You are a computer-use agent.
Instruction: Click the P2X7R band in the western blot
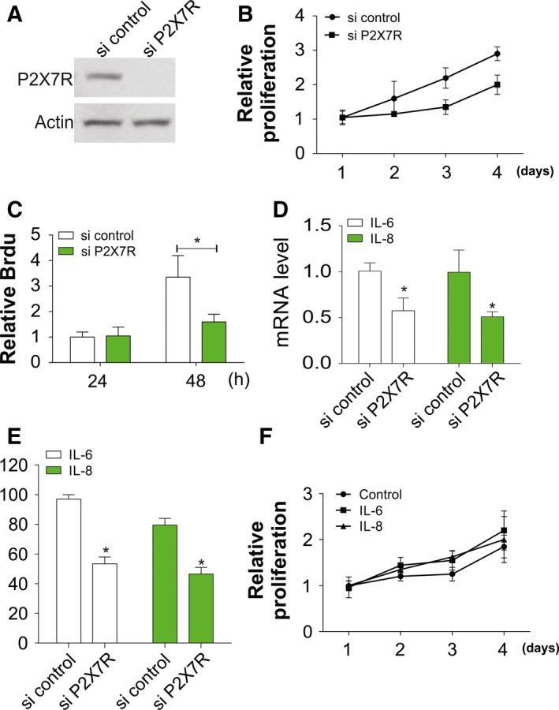pyautogui.click(x=104, y=77)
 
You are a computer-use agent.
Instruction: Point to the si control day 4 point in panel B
pyautogui.click(x=497, y=54)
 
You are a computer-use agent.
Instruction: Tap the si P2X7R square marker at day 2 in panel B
pyautogui.click(x=393, y=114)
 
